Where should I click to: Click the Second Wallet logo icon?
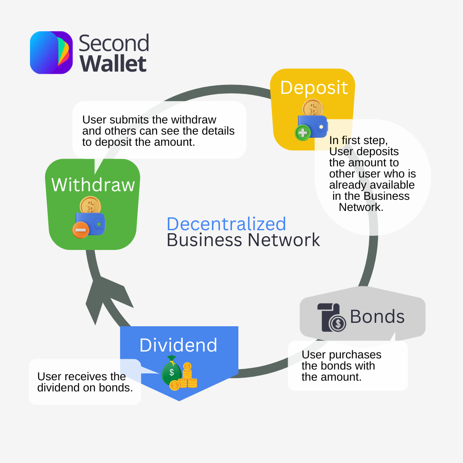(x=51, y=53)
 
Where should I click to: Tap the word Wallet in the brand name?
(x=113, y=64)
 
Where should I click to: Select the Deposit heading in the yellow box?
(x=314, y=87)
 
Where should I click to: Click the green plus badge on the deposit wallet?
(x=303, y=133)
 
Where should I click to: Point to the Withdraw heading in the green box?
(x=93, y=185)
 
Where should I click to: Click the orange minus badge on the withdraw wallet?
(x=81, y=230)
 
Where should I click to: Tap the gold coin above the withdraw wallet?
(x=90, y=205)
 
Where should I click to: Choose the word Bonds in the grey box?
(x=377, y=317)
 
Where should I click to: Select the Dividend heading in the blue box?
(x=178, y=345)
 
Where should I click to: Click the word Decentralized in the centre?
(x=226, y=224)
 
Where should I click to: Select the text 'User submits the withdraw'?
(x=149, y=120)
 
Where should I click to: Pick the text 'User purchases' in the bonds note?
(x=341, y=355)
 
